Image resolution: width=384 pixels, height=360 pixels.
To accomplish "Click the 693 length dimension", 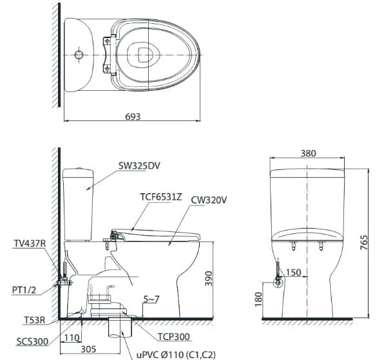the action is (133, 117).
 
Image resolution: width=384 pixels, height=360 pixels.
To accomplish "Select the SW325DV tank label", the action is (139, 166).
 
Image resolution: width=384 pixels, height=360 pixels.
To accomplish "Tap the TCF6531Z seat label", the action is (161, 197).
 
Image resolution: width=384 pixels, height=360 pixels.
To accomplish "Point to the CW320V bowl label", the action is (209, 200).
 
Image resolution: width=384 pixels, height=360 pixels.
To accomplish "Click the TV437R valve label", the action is (30, 243).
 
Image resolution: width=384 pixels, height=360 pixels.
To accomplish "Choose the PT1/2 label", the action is (24, 290).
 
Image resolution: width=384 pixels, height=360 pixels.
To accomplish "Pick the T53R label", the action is (35, 320).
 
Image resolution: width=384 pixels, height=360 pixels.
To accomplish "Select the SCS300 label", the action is (32, 341).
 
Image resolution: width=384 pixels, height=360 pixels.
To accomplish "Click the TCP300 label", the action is (173, 337).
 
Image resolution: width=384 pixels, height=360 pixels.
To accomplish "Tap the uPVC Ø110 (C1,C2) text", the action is (176, 355).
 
